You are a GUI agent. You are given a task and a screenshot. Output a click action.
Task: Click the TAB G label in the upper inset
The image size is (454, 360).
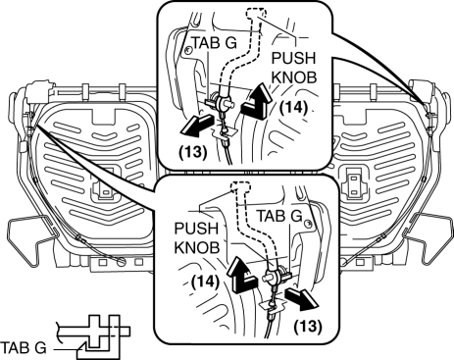pyautogui.click(x=214, y=43)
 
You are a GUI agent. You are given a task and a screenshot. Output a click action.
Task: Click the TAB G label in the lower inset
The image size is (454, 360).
pyautogui.click(x=278, y=216)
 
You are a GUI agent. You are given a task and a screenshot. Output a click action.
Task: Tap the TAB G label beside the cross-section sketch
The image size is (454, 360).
pyautogui.click(x=24, y=348)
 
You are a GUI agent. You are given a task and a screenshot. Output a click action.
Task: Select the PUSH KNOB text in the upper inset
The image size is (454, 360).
pyautogui.click(x=294, y=68)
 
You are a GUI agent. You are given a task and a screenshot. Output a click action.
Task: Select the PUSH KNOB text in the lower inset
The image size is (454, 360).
pyautogui.click(x=197, y=238)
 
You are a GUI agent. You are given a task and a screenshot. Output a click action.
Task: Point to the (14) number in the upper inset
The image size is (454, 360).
pyautogui.click(x=294, y=108)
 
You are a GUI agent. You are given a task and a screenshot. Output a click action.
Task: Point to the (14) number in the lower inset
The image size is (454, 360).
pyautogui.click(x=205, y=282)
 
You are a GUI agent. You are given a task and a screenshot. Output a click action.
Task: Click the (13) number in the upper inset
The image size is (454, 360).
pyautogui.click(x=193, y=152)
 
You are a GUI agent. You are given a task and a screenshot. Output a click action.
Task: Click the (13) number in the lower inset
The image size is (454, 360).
pyautogui.click(x=308, y=326)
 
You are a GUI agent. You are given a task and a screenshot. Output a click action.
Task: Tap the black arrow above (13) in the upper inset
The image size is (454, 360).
pyautogui.click(x=196, y=125)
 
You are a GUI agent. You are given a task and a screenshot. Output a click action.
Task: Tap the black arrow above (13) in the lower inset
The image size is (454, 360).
pyautogui.click(x=301, y=298)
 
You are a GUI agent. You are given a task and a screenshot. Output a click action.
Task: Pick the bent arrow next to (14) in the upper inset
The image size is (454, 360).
pyautogui.click(x=258, y=102)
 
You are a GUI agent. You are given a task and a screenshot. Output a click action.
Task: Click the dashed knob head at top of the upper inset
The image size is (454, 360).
pyautogui.click(x=256, y=14)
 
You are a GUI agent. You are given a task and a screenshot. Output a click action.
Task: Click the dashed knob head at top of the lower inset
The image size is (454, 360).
pyautogui.click(x=240, y=186)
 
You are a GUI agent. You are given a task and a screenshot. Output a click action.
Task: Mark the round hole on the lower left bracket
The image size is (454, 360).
pyautogui.click(x=122, y=262)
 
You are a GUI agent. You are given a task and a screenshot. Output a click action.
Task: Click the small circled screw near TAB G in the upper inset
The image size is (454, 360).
pyautogui.click(x=188, y=50)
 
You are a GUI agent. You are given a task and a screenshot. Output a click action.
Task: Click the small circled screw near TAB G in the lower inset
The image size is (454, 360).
pyautogui.click(x=307, y=224)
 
